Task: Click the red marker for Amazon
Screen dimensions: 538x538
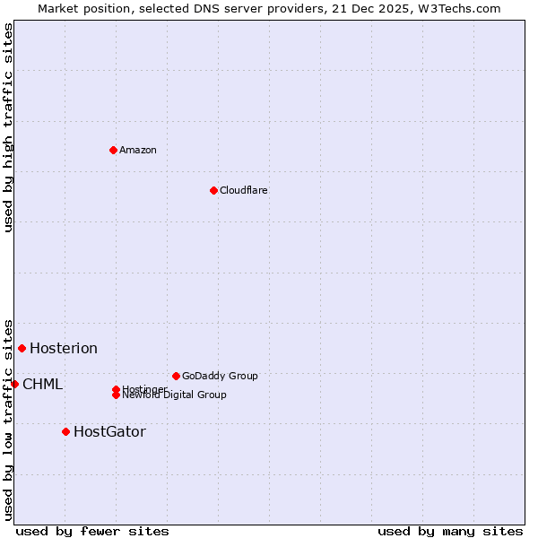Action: point(113,150)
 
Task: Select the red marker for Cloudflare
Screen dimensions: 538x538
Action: point(213,190)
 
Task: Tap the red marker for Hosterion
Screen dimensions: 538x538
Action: point(22,348)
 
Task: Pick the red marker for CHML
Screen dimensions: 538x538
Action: point(14,384)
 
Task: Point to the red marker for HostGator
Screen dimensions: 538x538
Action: point(65,431)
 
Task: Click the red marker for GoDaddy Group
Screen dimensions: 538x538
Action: point(176,376)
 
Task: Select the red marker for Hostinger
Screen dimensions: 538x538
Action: point(116,389)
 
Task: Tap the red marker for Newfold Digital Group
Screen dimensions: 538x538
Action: point(116,395)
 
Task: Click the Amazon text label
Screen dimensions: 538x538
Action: point(138,150)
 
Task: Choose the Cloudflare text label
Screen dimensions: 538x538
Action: point(243,190)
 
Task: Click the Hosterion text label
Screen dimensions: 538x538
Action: point(64,348)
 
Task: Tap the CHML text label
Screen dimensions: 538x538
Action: point(43,384)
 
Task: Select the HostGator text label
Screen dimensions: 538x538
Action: point(109,431)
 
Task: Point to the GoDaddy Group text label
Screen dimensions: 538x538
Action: point(220,376)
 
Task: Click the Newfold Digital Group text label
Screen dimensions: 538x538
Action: point(175,395)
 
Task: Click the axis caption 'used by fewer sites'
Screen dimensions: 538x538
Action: point(92,531)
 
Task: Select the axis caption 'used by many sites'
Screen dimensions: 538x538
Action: point(450,531)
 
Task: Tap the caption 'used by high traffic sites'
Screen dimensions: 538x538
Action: point(8,127)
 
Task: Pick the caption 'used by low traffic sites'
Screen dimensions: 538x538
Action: point(8,419)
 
